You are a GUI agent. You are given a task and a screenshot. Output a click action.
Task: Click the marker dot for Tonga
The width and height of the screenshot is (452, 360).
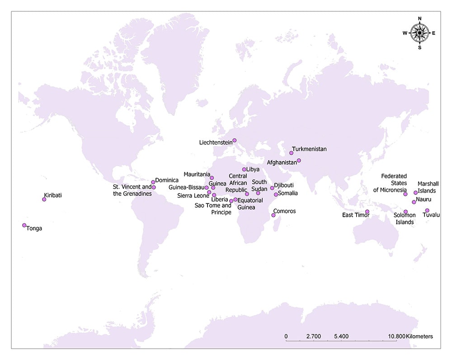click(24, 225)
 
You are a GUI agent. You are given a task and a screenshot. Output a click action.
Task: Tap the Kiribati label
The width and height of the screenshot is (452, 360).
click(52, 196)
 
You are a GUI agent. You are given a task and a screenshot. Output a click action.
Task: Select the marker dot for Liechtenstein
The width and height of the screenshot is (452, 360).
click(234, 140)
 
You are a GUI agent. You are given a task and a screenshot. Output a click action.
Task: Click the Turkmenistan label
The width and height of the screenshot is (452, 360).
click(309, 149)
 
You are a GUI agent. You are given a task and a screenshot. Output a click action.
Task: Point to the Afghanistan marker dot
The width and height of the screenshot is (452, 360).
click(299, 161)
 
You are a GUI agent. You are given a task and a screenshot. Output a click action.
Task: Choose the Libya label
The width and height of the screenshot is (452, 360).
click(253, 170)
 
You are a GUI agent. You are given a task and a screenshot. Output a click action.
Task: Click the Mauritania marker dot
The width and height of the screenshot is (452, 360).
click(212, 178)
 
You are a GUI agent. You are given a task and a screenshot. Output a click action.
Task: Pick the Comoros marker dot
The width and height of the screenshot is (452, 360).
click(273, 215)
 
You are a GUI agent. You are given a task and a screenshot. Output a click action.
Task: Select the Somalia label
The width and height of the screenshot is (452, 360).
click(288, 193)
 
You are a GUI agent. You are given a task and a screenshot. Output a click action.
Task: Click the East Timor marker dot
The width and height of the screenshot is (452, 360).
click(367, 212)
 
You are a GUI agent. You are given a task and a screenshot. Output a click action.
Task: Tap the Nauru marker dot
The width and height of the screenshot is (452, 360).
click(414, 202)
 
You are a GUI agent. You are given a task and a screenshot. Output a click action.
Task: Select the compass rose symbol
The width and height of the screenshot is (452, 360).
click(420, 33)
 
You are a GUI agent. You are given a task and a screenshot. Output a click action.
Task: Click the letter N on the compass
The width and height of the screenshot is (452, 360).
click(420, 19)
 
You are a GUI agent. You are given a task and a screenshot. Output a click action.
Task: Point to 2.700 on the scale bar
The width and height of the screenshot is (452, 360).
click(313, 336)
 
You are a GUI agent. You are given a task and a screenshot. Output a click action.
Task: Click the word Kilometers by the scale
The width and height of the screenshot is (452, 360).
click(419, 336)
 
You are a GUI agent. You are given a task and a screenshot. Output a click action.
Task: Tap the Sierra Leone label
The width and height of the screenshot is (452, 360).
click(193, 196)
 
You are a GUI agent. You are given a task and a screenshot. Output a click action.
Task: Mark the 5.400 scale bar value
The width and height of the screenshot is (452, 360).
click(341, 336)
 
